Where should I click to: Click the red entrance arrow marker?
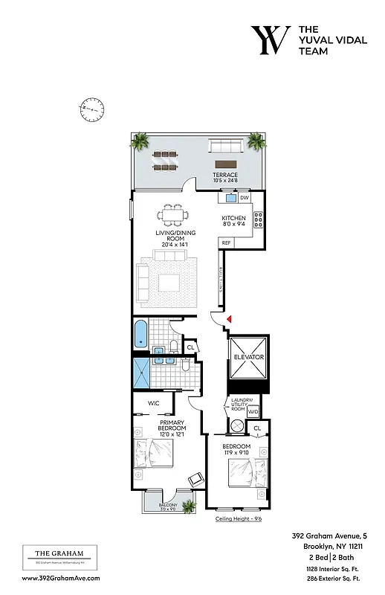pyautogui.click(x=230, y=319)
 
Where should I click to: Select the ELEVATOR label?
pyautogui.click(x=249, y=358)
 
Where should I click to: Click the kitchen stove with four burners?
pyautogui.click(x=259, y=219)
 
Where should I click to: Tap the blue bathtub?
pyautogui.click(x=140, y=334)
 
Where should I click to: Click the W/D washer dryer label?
pyautogui.click(x=253, y=411)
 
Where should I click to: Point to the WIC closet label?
pyautogui.click(x=154, y=403)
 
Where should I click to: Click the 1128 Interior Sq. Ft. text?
pyautogui.click(x=334, y=567)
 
